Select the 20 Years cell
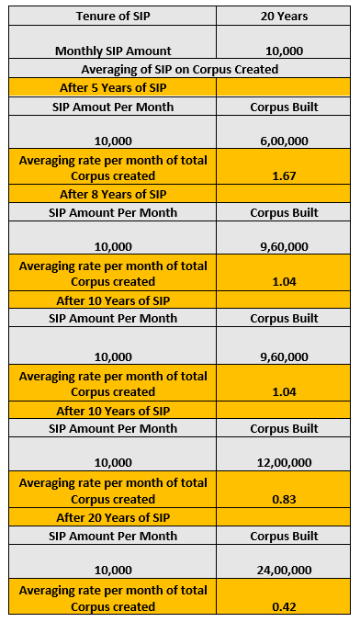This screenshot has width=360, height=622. tap(284, 15)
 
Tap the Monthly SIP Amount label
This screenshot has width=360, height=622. tap(113, 51)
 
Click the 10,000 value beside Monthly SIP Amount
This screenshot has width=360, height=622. tap(284, 51)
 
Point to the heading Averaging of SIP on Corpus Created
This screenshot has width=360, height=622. tap(179, 69)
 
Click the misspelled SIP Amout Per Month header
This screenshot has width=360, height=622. tap(113, 106)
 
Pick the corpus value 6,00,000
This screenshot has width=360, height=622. tap(284, 141)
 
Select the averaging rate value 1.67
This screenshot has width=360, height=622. tap(284, 175)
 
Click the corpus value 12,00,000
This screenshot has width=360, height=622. tap(284, 463)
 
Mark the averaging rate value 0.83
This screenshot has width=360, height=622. tap(284, 499)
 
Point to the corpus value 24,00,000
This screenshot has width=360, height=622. tap(284, 571)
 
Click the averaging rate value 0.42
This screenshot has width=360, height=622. tap(284, 606)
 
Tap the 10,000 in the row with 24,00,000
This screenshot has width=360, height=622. tap(113, 571)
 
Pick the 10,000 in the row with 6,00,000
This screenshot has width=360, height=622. tap(113, 141)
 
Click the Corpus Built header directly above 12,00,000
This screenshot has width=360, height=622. tap(284, 428)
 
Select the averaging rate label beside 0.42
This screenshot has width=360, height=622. tap(113, 598)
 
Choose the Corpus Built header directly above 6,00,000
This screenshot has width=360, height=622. tap(284, 106)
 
